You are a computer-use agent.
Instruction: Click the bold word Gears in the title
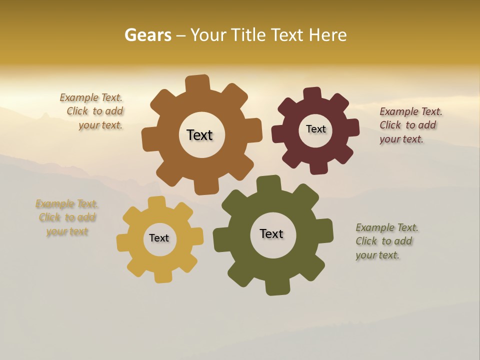coord(148,35)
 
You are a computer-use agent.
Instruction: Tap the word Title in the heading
coord(249,35)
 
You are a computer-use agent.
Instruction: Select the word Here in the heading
coord(327,35)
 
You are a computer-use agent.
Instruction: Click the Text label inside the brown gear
coord(199,135)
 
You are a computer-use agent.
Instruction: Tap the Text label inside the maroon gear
coord(315,129)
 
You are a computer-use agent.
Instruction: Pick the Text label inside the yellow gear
coord(159,238)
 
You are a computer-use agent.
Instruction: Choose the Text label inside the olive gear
coord(271,233)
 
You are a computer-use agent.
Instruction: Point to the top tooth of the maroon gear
coord(312,93)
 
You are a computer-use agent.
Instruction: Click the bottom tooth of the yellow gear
coord(162,276)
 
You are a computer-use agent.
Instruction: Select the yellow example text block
coord(67,217)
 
